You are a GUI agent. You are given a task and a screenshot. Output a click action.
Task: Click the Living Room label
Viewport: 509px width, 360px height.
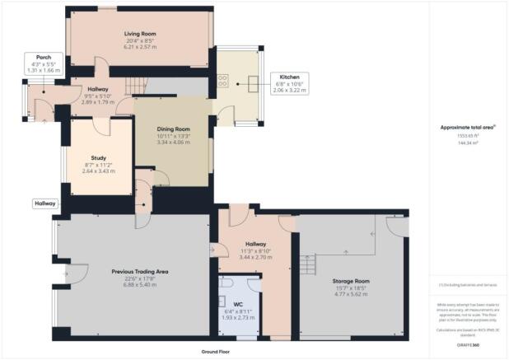coord(141,34)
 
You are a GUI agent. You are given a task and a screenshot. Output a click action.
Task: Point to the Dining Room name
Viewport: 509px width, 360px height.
coord(174,129)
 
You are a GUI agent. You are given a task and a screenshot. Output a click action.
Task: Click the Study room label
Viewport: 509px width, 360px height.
coord(98,158)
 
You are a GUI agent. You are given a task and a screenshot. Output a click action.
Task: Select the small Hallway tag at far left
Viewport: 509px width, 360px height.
coord(45,203)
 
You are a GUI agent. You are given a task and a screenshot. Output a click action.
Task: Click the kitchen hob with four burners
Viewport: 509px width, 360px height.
coord(223,82)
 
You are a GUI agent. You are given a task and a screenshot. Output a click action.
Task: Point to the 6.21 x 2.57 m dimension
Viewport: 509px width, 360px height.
coord(141,48)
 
